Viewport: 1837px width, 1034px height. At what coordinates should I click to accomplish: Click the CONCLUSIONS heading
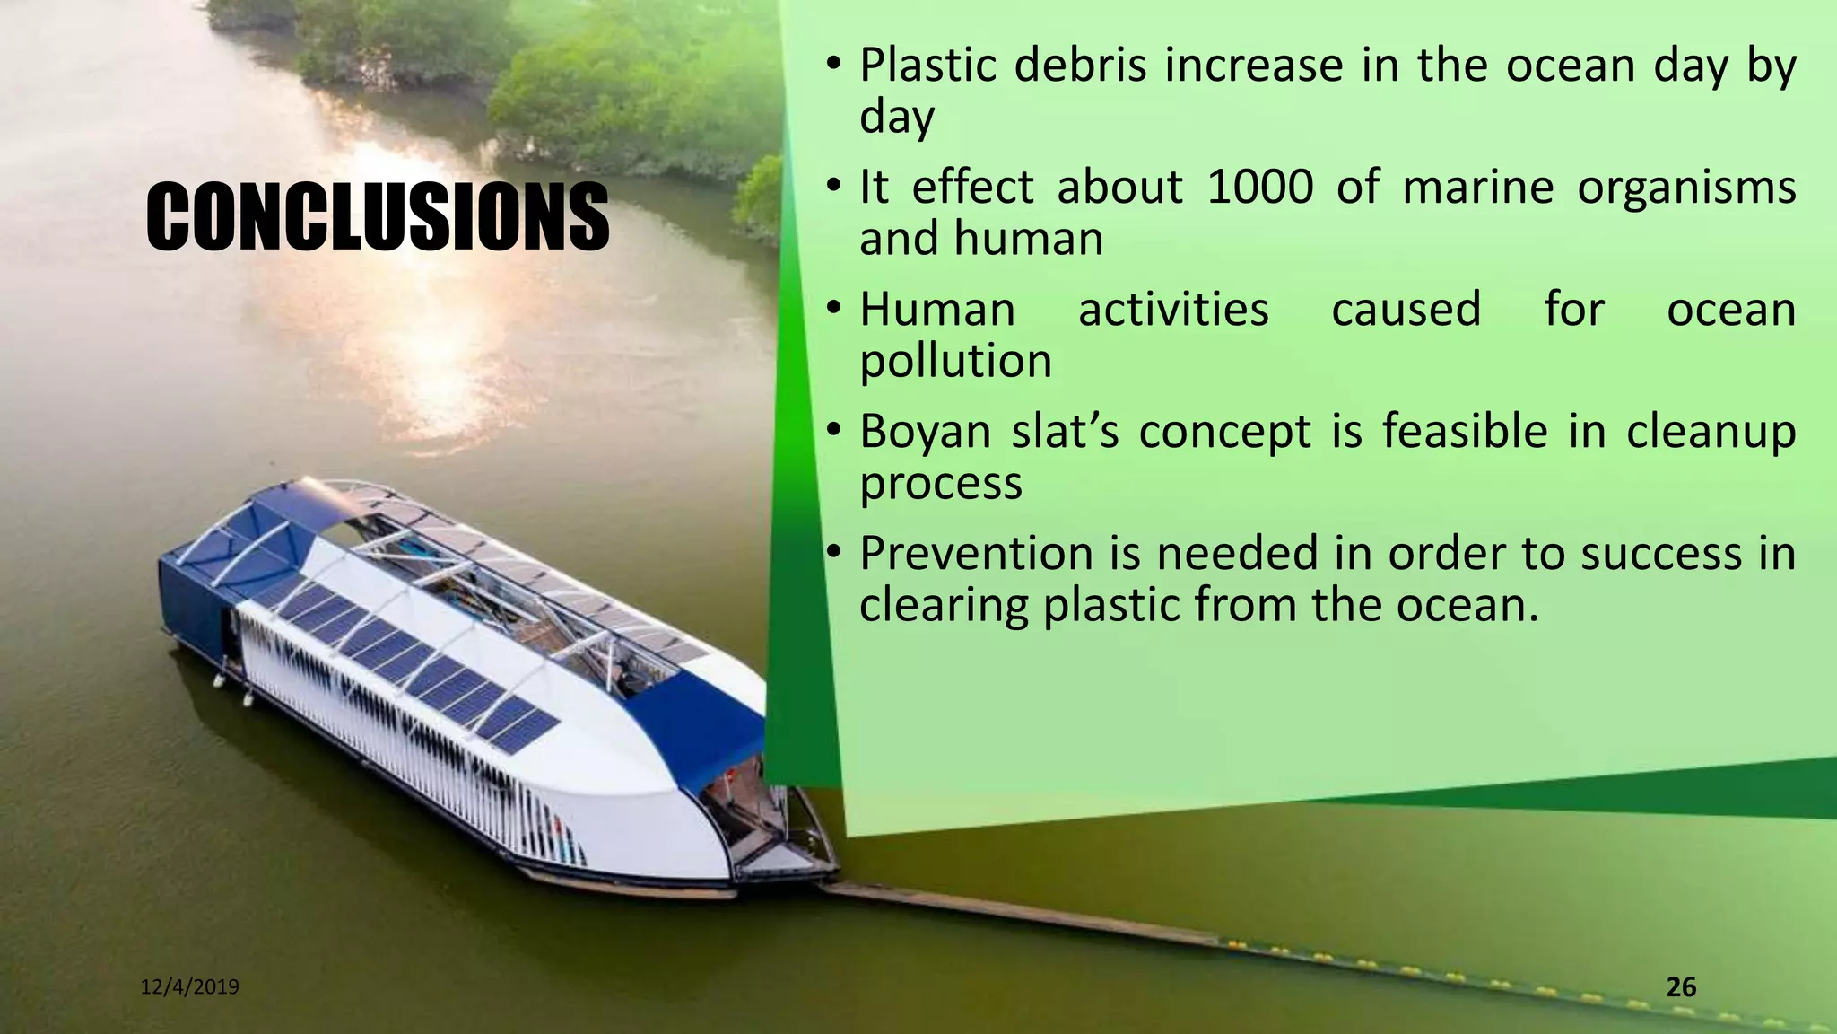click(x=378, y=215)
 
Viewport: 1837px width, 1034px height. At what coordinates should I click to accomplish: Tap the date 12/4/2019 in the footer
click(x=190, y=987)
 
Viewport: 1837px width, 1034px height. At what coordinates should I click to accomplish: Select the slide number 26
click(x=1681, y=987)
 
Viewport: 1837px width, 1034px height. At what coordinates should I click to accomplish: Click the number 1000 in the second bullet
click(x=1259, y=188)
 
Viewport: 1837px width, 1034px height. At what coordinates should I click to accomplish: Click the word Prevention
click(x=976, y=553)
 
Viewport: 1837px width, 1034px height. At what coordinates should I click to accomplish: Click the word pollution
click(x=955, y=361)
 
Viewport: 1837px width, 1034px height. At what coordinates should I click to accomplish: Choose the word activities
click(x=1172, y=310)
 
